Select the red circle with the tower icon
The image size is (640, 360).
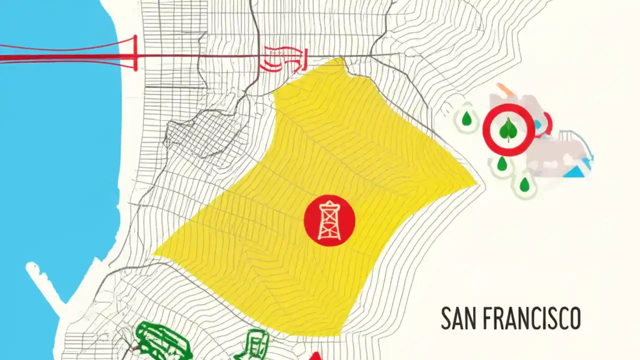click(329, 220)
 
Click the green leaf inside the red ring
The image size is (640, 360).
click(508, 129)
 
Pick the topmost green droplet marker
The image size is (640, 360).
click(466, 119)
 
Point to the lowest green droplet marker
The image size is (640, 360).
click(524, 184)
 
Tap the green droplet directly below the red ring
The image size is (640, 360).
click(501, 163)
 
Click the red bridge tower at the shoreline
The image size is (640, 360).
click(134, 53)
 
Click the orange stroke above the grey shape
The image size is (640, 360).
click(504, 90)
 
